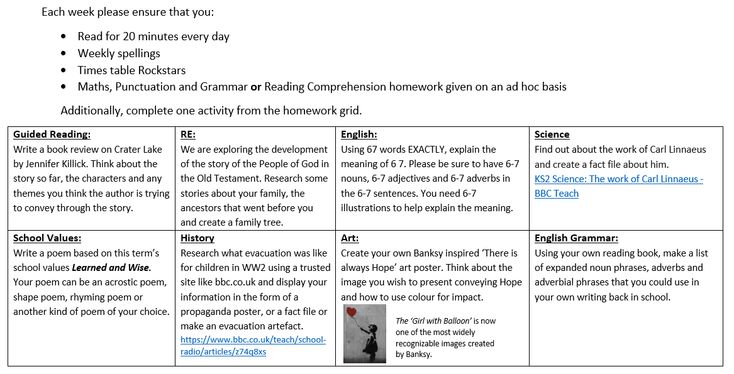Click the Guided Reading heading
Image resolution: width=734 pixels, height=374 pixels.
[52, 135]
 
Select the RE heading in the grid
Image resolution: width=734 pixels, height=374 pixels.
[187, 135]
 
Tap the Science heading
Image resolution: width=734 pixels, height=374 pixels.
[552, 135]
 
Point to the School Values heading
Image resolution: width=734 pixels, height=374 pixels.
[47, 238]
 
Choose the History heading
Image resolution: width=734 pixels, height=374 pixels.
[197, 238]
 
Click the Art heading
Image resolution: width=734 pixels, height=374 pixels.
[350, 238]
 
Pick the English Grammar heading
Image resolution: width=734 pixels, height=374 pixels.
[576, 238]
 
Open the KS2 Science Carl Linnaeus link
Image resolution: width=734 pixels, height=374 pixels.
[618, 179]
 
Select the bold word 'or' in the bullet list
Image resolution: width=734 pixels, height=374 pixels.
[256, 87]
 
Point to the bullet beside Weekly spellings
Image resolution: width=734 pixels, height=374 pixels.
[63, 53]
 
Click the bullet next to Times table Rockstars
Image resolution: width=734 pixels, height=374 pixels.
[63, 70]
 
